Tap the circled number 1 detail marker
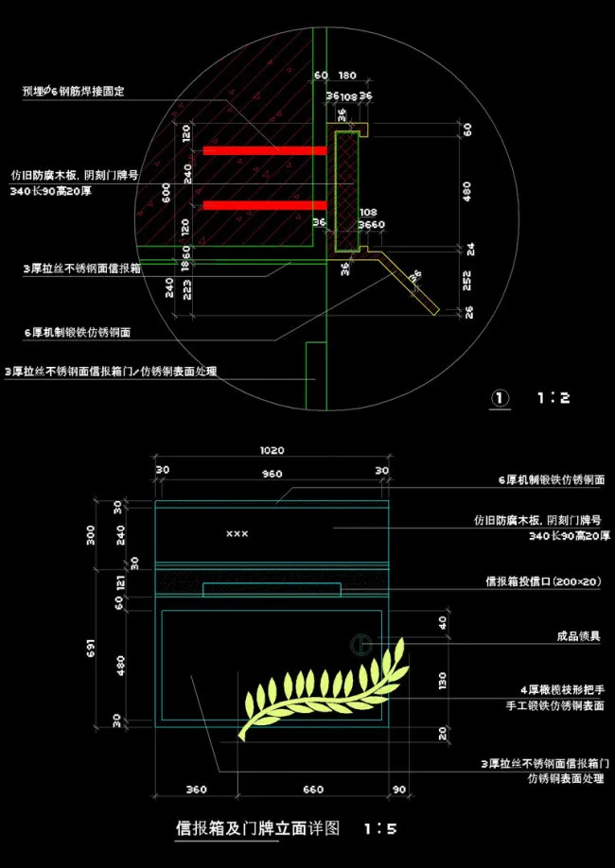click(x=501, y=398)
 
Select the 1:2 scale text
click(x=553, y=398)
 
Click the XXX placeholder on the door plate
click(x=237, y=534)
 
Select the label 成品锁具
click(x=580, y=636)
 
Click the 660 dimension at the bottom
click(x=312, y=789)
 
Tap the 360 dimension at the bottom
click(x=197, y=789)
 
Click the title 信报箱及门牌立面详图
click(x=258, y=829)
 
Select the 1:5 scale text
click(x=379, y=829)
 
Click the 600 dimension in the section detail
click(x=167, y=193)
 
